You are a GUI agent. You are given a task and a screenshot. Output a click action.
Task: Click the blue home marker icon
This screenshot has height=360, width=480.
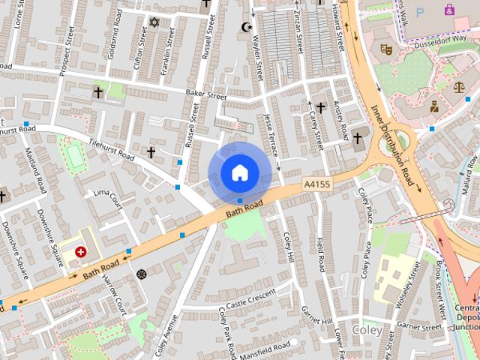[x=239, y=172]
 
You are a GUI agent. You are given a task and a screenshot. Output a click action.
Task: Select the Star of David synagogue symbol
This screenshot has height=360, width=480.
[x=155, y=22]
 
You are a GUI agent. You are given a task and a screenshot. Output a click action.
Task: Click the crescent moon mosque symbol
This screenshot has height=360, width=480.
[x=244, y=28]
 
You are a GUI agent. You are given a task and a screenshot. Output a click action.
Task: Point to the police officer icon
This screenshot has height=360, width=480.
[x=434, y=106]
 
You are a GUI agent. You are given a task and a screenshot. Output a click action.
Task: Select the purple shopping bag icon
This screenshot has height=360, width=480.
[x=449, y=10]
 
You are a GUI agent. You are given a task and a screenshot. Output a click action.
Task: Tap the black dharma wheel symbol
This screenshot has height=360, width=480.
[x=141, y=274]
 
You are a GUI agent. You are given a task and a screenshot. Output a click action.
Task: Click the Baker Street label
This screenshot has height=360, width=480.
[x=205, y=96]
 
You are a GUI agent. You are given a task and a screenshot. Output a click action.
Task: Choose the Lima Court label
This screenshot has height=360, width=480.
[x=108, y=197]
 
